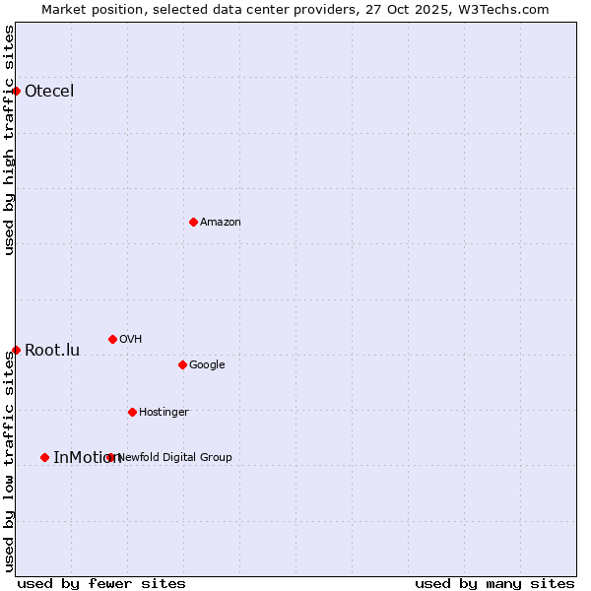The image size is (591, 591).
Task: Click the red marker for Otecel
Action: coord(16,91)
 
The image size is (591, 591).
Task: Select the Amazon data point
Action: coord(193,222)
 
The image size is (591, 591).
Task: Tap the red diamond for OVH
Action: coord(112,339)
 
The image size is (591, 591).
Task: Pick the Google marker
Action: coord(182,364)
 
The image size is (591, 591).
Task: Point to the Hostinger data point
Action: coord(132,412)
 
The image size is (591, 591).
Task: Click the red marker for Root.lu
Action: coord(16,350)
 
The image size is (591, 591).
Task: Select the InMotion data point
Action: coord(44,457)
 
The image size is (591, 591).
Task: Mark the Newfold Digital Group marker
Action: coord(110,457)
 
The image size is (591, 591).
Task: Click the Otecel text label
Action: coord(49,92)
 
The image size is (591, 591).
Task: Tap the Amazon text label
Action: coord(221,223)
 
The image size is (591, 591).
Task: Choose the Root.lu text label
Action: coord(52,351)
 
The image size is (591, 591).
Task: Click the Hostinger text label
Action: coord(164,413)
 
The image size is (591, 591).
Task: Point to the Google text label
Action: coord(207,365)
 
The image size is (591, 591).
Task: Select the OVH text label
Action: coord(130,340)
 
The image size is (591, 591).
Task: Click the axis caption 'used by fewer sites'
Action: coord(101,583)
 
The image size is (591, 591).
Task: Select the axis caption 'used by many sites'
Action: coord(494,583)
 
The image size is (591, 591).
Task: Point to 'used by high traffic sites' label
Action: coord(9,140)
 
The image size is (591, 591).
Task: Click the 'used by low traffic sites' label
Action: coord(9,462)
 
